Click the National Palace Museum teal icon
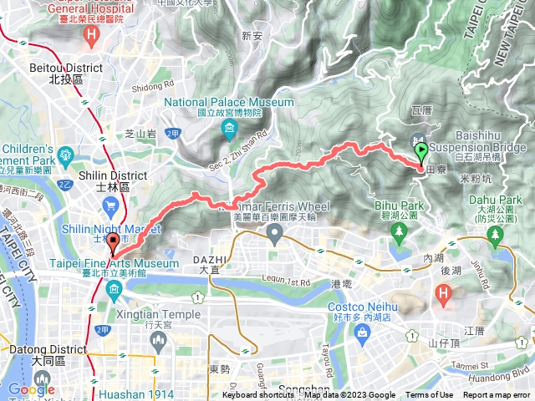[x=229, y=129]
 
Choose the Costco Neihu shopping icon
[x=362, y=332]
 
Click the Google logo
[x=31, y=389]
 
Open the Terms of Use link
[x=429, y=395]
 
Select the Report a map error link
[x=497, y=395]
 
